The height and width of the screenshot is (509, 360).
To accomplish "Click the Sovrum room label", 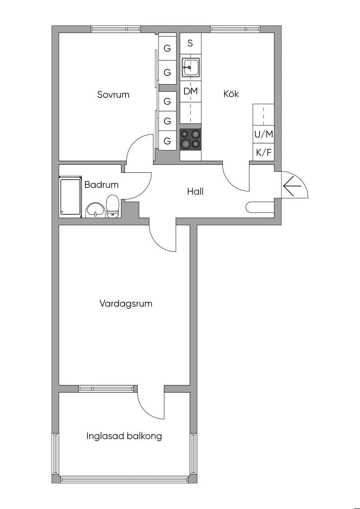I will [x=113, y=95].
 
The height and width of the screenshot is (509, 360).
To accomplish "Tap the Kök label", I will [x=231, y=94].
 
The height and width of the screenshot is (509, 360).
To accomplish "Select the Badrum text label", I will [x=101, y=185].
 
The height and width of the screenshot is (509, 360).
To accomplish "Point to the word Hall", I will [x=195, y=192].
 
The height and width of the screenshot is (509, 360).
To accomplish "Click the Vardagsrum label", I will [x=126, y=303].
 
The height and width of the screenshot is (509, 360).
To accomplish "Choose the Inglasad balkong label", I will [x=124, y=436].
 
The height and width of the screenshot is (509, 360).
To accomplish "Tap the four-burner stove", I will [x=191, y=140].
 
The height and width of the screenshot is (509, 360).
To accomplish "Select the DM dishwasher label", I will [x=191, y=91].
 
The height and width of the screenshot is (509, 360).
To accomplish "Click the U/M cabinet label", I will [x=263, y=134].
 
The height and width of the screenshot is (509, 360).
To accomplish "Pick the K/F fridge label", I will [x=263, y=153].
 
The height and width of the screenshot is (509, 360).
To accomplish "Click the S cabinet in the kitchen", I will [x=190, y=43].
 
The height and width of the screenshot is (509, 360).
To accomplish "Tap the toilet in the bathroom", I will [x=113, y=207].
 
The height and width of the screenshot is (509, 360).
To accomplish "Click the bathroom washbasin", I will [x=95, y=210].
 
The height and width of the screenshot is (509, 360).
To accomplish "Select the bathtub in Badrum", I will [x=70, y=197].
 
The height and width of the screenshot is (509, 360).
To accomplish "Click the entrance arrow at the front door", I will [x=292, y=186].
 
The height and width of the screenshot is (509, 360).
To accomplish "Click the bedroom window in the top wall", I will [x=116, y=29].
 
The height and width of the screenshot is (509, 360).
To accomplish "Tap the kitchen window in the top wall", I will [x=235, y=29].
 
